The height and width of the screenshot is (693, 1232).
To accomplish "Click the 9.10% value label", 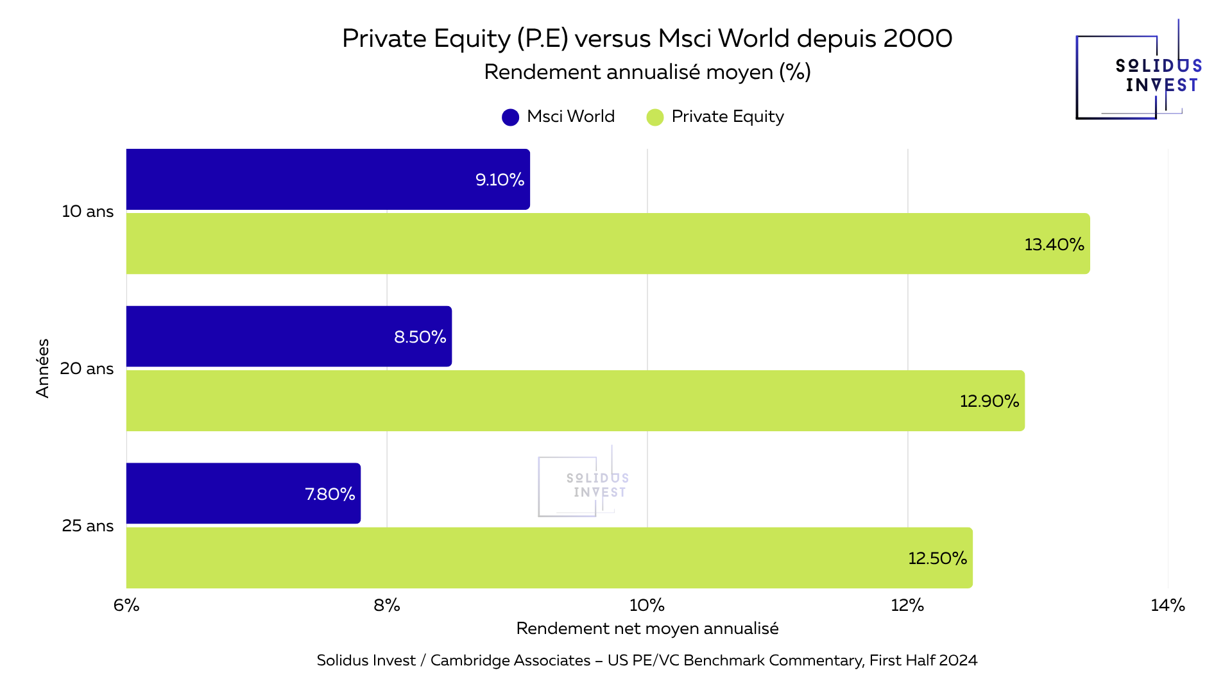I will pyautogui.click(x=499, y=180).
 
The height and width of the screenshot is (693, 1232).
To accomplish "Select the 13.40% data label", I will pyautogui.click(x=1054, y=244).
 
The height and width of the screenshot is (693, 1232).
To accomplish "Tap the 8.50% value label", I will pyautogui.click(x=420, y=337).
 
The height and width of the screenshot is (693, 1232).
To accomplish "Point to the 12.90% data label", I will pyautogui.click(x=989, y=401).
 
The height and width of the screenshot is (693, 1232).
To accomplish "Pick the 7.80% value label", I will pyautogui.click(x=330, y=494).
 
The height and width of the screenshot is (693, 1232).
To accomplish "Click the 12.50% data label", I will pyautogui.click(x=937, y=558).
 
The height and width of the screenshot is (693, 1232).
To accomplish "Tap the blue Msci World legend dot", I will pyautogui.click(x=510, y=117).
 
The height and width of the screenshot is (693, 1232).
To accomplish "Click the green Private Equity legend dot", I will pyautogui.click(x=654, y=117).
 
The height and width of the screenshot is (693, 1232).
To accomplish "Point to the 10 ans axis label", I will pyautogui.click(x=87, y=211).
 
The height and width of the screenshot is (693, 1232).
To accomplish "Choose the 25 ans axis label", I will pyautogui.click(x=87, y=526).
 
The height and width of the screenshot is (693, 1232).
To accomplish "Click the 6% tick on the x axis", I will pyautogui.click(x=126, y=605).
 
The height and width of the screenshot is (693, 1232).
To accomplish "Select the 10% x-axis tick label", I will pyautogui.click(x=647, y=605).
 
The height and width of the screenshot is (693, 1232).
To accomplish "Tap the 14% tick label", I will pyautogui.click(x=1167, y=605).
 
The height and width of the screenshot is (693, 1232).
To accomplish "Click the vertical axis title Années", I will pyautogui.click(x=42, y=368).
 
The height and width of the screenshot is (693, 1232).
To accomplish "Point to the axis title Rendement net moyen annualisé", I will pyautogui.click(x=647, y=628).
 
